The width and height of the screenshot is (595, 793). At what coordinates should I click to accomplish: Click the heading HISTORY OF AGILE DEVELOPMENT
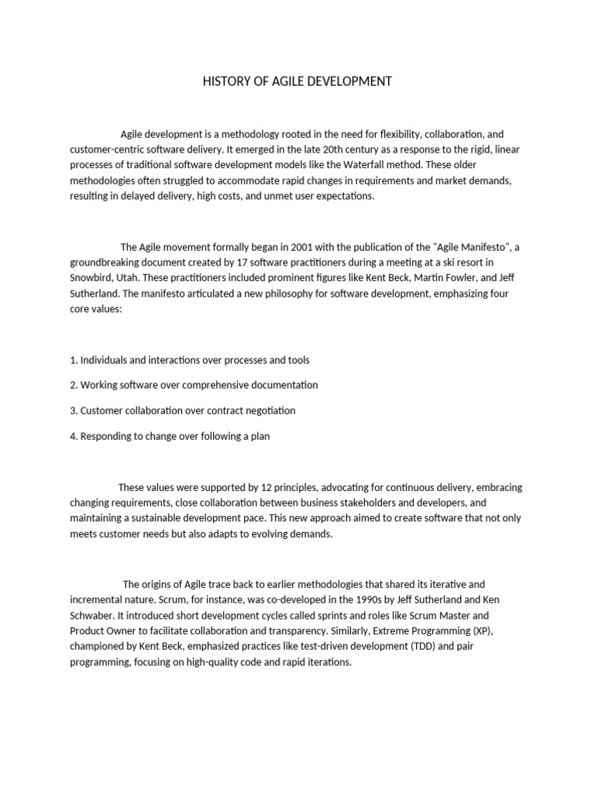pos(297,81)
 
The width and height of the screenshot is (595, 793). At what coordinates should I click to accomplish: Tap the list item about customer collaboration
pos(182,410)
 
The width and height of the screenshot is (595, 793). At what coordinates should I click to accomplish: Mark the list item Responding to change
pos(170,436)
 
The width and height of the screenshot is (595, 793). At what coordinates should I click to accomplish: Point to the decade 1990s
pos(311,599)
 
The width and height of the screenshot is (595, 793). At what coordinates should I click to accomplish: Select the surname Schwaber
pos(91,615)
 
